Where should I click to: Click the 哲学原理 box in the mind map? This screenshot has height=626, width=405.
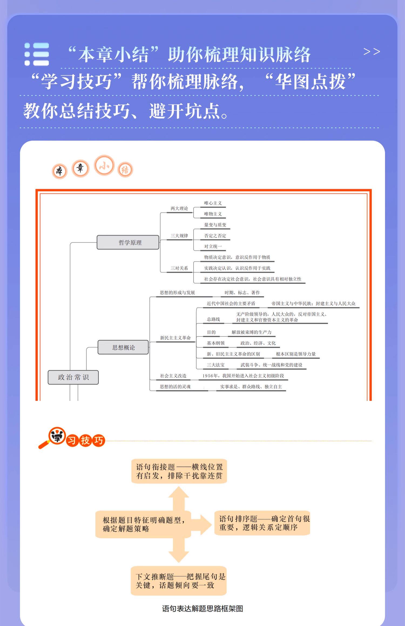click(128, 242)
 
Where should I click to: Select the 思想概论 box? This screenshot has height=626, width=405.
click(123, 347)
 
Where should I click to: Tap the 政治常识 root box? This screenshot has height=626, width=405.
click(73, 377)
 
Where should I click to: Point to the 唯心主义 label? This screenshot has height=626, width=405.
click(213, 203)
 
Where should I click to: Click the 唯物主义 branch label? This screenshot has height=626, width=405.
click(213, 214)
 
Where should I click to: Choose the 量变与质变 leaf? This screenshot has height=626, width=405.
click(215, 225)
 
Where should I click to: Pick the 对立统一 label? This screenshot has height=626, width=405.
click(213, 246)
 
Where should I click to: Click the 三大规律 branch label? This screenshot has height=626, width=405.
click(179, 236)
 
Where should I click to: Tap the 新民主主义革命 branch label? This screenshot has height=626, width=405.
click(175, 338)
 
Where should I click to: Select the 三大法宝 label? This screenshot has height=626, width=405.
click(215, 365)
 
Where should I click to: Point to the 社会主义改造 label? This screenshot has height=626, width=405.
click(173, 376)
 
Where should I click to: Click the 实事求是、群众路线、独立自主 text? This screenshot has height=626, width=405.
click(251, 387)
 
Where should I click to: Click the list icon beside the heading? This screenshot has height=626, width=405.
click(37, 54)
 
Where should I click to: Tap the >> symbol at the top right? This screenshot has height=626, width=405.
click(372, 51)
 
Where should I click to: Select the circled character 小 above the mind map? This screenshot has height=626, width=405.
click(104, 166)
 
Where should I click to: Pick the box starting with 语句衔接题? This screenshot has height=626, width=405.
click(179, 471)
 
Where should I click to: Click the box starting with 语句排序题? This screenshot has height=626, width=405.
click(262, 523)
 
